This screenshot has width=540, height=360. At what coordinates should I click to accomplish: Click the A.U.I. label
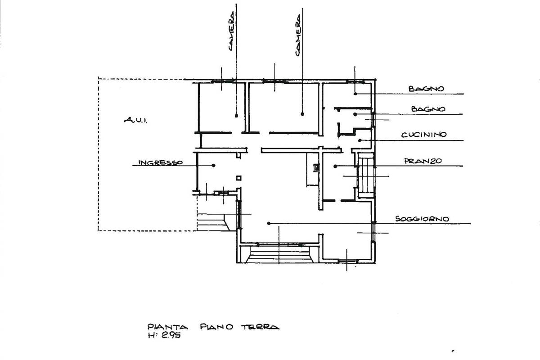[135, 120]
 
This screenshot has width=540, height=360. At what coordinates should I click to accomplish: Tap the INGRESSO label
[161, 162]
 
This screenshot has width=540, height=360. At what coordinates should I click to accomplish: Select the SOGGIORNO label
[422, 219]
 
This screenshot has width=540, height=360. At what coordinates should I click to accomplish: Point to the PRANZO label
[423, 161]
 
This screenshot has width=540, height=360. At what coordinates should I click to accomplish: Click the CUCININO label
[424, 135]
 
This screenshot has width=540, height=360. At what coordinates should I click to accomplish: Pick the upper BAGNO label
[426, 89]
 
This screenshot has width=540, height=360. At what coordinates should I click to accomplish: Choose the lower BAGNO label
[428, 109]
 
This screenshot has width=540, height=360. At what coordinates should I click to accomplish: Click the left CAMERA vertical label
[231, 31]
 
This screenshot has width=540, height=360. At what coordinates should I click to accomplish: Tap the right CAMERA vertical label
[298, 35]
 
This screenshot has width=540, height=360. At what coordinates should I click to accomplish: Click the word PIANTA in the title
[167, 327]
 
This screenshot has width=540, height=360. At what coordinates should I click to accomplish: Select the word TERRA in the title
[260, 327]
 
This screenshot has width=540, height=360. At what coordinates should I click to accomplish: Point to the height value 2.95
[171, 335]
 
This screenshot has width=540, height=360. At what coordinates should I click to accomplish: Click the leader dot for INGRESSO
[213, 166]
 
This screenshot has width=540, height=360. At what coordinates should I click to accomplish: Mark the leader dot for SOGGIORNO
[269, 224]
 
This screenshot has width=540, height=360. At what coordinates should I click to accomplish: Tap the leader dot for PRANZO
[335, 166]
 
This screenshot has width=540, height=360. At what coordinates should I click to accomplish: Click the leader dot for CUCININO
[360, 140]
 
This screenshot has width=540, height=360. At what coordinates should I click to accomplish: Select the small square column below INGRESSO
[238, 178]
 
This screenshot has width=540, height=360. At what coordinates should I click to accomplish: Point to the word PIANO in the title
[216, 327]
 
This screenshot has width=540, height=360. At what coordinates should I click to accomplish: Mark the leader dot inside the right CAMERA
[302, 114]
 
